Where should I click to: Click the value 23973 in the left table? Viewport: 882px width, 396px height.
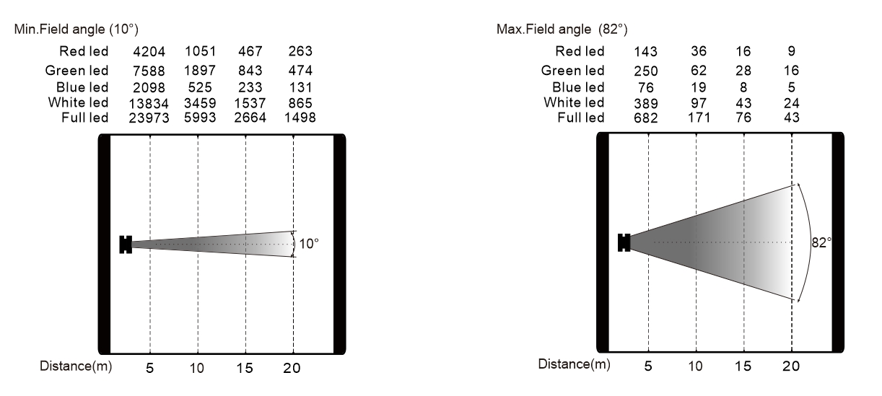[149, 118]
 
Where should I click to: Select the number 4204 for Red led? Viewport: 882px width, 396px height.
[149, 51]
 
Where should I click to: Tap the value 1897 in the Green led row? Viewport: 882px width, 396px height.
[200, 71]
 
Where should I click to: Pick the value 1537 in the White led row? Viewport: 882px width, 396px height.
[250, 103]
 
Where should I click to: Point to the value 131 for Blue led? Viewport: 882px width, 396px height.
[300, 87]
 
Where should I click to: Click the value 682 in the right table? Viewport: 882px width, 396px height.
[646, 118]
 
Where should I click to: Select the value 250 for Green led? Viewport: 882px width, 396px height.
[646, 71]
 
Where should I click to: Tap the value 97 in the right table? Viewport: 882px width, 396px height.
[699, 103]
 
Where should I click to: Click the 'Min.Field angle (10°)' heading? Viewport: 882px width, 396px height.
[77, 29]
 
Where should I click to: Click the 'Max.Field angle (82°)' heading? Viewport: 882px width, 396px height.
[562, 29]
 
